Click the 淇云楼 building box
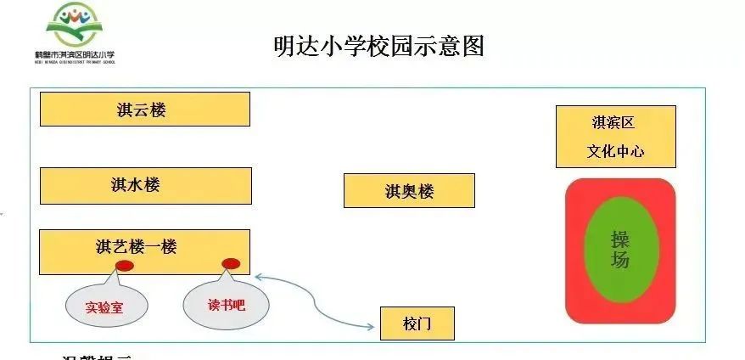[x=145, y=110]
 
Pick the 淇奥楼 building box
[x=409, y=191]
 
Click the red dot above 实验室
[x=125, y=266]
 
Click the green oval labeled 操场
[x=620, y=250]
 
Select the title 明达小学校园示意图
[x=378, y=46]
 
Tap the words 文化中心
[x=615, y=152]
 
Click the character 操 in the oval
[x=620, y=239]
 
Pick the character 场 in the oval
[x=620, y=261]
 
